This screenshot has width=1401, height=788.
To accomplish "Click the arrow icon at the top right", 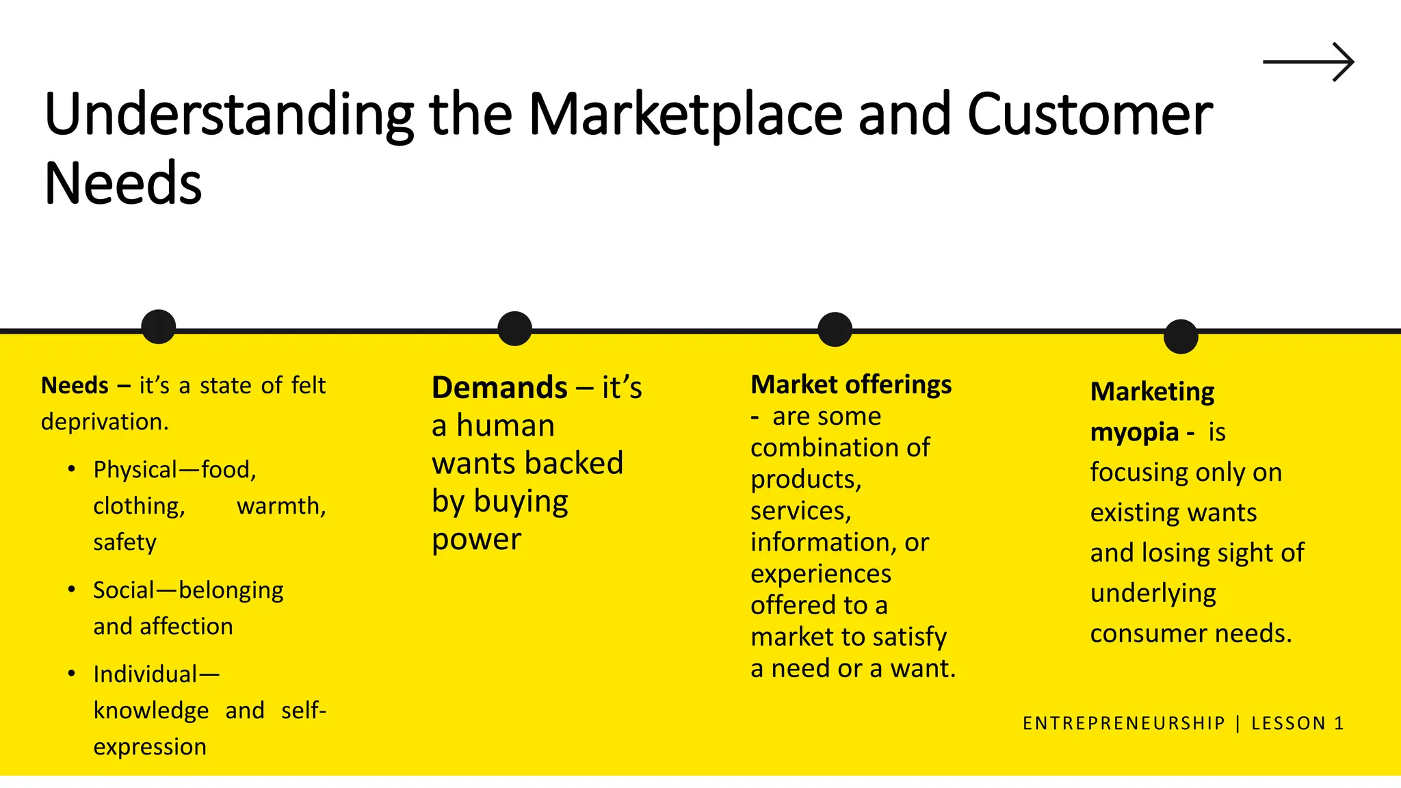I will (x=1308, y=62).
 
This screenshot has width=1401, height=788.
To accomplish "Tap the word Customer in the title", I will (x=1089, y=115).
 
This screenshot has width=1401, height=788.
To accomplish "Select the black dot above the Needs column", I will (x=159, y=326).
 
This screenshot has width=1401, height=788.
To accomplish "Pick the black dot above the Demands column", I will (x=514, y=328).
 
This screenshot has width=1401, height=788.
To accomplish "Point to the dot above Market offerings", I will (x=835, y=329).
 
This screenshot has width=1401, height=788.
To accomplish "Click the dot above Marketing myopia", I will (x=1181, y=337).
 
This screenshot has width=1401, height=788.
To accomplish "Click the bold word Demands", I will (x=499, y=388).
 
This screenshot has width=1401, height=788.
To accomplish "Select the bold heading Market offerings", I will (x=851, y=384).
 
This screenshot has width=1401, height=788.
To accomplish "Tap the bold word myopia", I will (x=1134, y=432).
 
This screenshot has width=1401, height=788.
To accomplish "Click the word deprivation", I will (x=104, y=422).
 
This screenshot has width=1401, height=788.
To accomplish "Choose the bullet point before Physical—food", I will (x=72, y=469).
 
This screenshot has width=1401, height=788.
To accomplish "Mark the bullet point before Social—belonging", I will (x=72, y=590).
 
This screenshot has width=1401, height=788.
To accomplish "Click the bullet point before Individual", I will (x=72, y=674).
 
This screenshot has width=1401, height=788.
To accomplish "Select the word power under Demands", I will (x=476, y=540).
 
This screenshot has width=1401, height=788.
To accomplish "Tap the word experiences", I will (x=820, y=574).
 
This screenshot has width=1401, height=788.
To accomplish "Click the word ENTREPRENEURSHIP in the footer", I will (x=1123, y=723).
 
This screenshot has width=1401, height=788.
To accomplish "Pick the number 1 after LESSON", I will (x=1339, y=723).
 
